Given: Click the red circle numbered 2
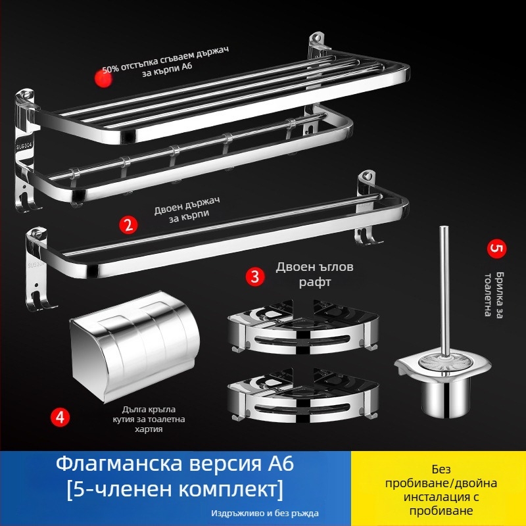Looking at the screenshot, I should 128,224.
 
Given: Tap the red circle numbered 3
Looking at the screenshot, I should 254,275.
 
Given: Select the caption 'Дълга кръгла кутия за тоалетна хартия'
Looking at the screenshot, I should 153,419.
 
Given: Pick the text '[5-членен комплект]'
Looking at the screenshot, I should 175,490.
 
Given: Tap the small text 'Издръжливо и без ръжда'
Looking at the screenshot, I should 267,513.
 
